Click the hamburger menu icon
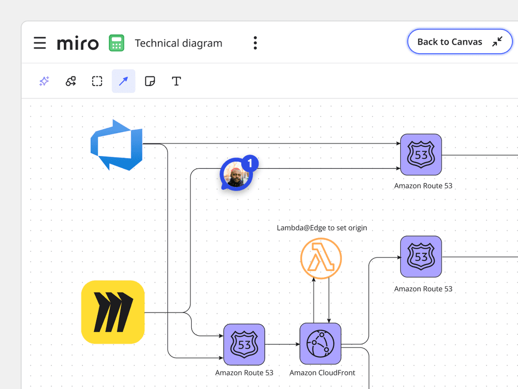(40, 43)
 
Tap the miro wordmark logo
(78, 43)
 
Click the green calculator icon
(116, 43)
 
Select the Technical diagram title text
(179, 44)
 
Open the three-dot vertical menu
(255, 43)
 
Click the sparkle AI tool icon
(44, 81)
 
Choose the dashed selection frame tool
(97, 81)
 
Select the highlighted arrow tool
(123, 81)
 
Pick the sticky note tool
(150, 81)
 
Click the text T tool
(176, 81)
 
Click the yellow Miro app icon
(113, 312)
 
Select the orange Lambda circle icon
(321, 259)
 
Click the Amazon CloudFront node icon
(320, 344)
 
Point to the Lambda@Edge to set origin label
(322, 228)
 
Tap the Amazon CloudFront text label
(322, 373)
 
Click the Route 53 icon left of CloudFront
(244, 344)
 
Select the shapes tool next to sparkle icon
(71, 81)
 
